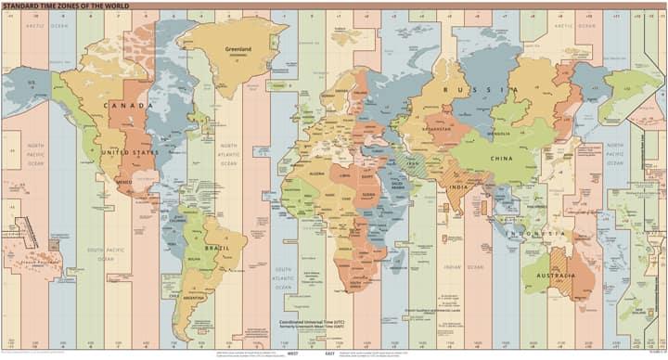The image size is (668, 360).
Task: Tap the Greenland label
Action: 239,48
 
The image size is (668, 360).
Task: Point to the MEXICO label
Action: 124,182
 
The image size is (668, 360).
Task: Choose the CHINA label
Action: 501,159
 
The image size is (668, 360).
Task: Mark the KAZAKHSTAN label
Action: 437,129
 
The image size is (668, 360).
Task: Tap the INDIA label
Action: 457,186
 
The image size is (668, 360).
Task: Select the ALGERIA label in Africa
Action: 318,173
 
